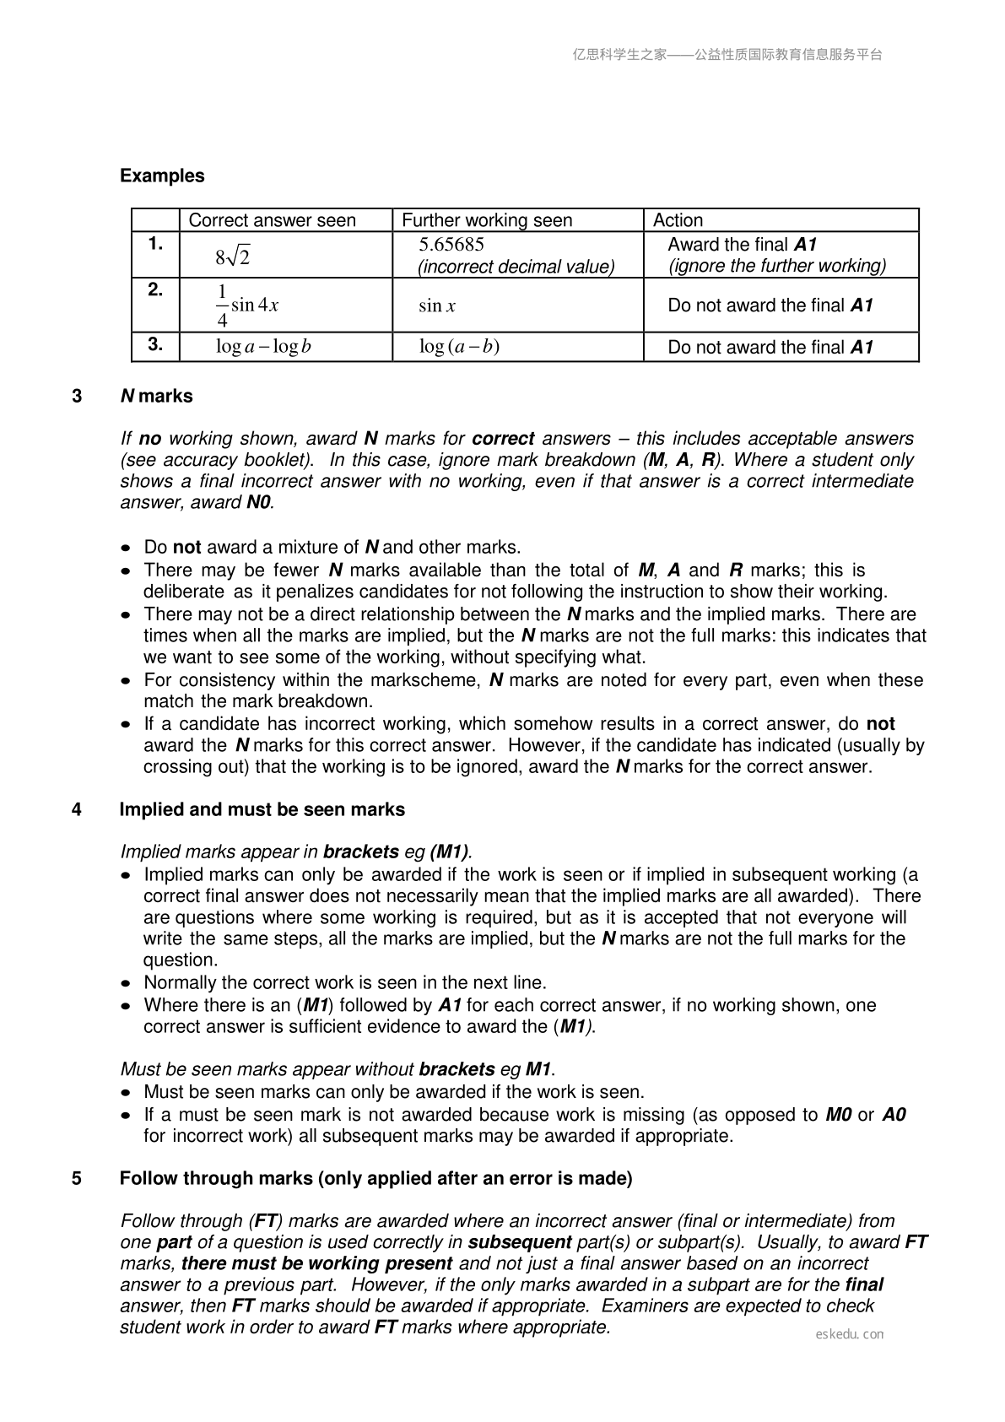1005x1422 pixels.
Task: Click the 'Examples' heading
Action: click(162, 176)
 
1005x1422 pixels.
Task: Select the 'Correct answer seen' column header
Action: click(272, 220)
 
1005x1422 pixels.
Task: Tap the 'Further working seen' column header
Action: click(487, 220)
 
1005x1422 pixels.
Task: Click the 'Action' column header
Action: click(678, 220)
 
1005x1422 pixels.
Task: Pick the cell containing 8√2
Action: click(233, 256)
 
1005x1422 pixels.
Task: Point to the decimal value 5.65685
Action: click(451, 245)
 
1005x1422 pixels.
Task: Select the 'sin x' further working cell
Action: click(437, 305)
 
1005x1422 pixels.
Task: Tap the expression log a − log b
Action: click(263, 347)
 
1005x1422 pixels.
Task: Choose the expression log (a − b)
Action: click(459, 347)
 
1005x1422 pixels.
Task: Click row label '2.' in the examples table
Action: click(155, 289)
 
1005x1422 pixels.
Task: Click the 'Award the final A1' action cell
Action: click(743, 245)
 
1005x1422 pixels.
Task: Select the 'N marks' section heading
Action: click(157, 396)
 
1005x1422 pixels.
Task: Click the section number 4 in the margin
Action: click(77, 809)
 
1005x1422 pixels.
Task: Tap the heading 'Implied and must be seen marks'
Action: click(262, 809)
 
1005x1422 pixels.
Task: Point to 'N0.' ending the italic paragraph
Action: click(260, 502)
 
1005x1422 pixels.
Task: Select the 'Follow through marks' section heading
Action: click(376, 1178)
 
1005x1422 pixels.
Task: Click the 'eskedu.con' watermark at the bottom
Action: click(850, 1334)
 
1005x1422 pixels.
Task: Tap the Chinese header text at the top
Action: click(727, 55)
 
